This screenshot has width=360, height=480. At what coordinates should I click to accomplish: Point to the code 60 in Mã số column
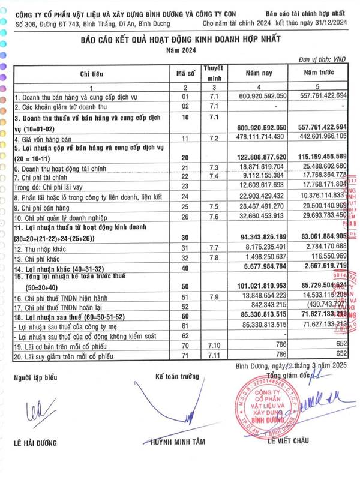(182, 314)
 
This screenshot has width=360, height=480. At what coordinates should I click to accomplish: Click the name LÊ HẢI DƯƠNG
(35, 443)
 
